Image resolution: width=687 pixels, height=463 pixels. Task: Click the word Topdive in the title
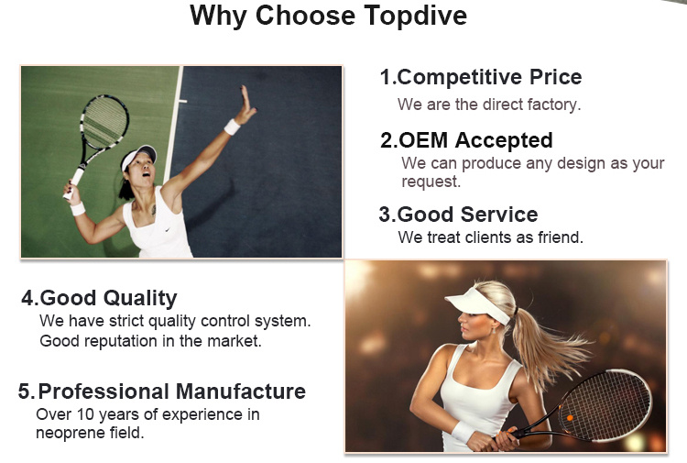tap(415, 17)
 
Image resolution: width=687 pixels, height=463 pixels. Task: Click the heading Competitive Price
tap(481, 78)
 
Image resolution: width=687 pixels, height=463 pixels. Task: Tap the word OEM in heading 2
tap(424, 140)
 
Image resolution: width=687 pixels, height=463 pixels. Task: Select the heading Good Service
tap(458, 215)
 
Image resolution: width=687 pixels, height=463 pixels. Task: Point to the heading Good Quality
tap(100, 299)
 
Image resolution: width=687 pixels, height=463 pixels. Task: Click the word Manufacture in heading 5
tap(241, 391)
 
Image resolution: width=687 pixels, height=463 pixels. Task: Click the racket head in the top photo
tap(104, 122)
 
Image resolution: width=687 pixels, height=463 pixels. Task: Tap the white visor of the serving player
tap(138, 155)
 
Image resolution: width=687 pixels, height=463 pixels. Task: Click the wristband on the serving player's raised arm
tap(232, 127)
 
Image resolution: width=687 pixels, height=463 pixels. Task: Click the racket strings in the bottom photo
tap(607, 404)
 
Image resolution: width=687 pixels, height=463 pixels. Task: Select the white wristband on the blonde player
tap(463, 432)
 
